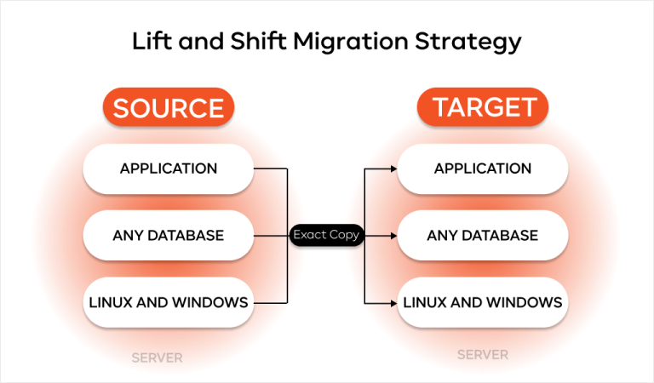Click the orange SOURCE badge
point(169,108)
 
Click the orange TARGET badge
point(483,107)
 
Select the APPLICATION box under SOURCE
point(169,169)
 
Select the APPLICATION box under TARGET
point(483,169)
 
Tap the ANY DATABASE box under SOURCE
point(169,235)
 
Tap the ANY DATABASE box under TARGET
point(483,235)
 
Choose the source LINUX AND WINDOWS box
point(169,301)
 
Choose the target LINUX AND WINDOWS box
point(483,301)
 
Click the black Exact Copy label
point(326,235)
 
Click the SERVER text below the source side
point(158,357)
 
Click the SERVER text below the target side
point(483,354)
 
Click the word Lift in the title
point(150,41)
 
